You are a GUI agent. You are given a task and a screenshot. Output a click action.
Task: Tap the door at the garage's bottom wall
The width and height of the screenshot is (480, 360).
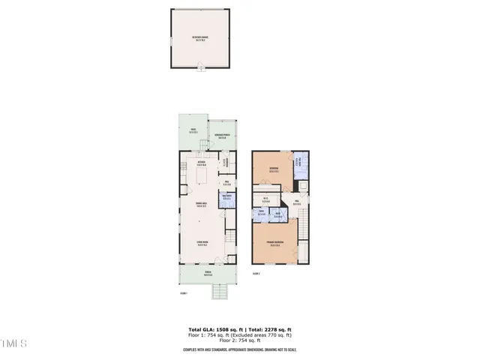tap(199, 69)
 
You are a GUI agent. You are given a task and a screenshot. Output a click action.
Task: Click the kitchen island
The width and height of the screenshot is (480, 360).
tap(201, 175)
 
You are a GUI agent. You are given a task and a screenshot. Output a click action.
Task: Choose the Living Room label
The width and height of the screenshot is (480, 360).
tap(201, 243)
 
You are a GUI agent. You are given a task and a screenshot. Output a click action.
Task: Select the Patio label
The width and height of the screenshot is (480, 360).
tap(193, 130)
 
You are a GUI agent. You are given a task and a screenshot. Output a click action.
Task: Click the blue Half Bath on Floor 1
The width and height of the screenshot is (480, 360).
tap(226, 198)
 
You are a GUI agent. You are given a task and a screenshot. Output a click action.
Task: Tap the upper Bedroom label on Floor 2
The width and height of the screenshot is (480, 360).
tap(274, 169)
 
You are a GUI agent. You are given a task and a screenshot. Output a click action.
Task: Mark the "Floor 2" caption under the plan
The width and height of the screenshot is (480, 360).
tap(256, 274)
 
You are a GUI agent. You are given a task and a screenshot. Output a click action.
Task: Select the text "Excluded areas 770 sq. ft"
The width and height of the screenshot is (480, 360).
tap(262, 334)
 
